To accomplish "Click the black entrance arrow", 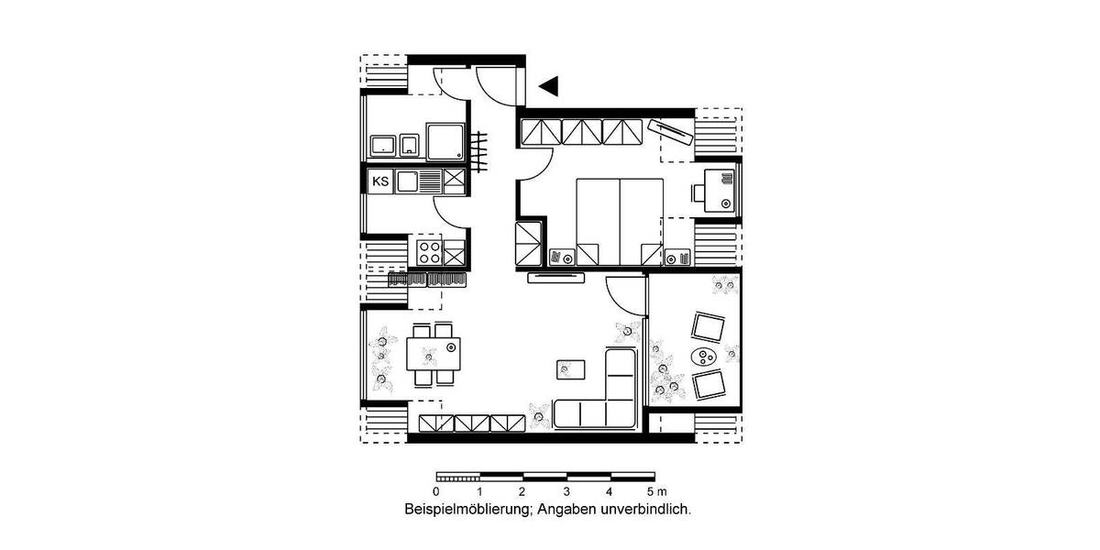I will (x=549, y=86).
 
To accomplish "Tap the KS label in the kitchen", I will (x=380, y=181).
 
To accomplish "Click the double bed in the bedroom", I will (x=619, y=221).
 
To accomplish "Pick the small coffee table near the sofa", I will (x=570, y=368).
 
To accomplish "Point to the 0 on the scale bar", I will (x=435, y=492).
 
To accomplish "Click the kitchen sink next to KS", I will (x=406, y=181).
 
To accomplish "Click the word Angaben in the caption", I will (x=568, y=508).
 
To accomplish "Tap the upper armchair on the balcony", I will (x=708, y=325).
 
